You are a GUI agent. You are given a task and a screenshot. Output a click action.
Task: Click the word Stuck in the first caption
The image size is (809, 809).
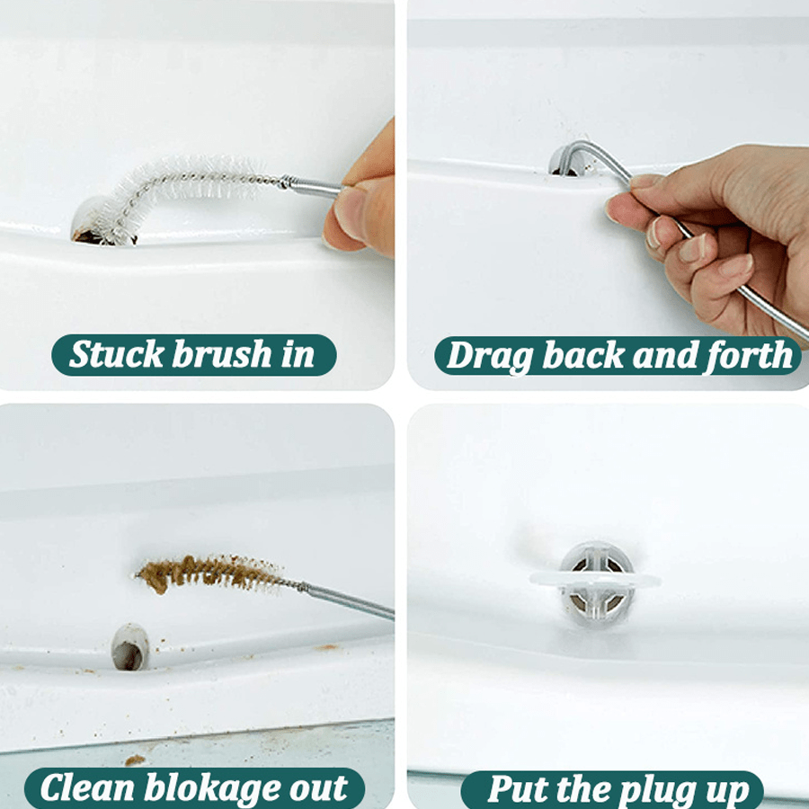116,354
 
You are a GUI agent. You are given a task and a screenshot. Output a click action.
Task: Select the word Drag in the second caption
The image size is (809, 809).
488,356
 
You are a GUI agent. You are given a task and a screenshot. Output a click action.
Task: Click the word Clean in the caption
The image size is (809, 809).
84,788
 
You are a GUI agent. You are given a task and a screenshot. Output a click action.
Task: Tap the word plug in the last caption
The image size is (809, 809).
655,790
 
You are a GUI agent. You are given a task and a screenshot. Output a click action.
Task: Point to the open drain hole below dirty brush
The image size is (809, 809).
129,648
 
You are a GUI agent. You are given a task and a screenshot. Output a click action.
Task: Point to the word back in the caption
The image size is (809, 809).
583,356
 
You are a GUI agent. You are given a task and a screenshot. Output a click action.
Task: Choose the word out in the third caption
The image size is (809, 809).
316,788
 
